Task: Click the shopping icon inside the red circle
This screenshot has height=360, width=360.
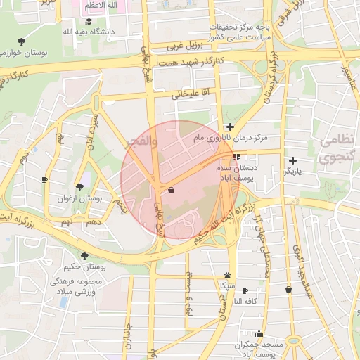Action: (x=172, y=190)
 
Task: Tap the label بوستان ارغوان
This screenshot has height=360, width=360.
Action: (x=79, y=199)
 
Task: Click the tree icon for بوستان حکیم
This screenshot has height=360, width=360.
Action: (x=84, y=256)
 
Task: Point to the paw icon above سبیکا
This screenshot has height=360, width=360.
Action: (x=227, y=275)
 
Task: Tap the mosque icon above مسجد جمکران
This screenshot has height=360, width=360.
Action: (x=259, y=334)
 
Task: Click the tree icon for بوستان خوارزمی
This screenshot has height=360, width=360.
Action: (x=21, y=41)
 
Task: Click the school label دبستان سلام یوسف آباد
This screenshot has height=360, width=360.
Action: (x=250, y=174)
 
